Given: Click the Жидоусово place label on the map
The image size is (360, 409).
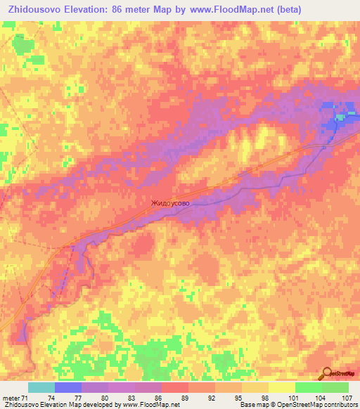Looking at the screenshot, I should pyautogui.click(x=169, y=204).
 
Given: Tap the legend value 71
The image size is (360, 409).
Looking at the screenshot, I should pyautogui.click(x=25, y=398).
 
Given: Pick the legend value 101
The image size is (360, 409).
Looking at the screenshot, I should pyautogui.click(x=295, y=398).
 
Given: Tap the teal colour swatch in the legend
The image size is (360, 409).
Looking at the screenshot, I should pyautogui.click(x=41, y=387).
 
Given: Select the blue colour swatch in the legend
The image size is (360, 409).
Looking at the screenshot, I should pyautogui.click(x=68, y=387).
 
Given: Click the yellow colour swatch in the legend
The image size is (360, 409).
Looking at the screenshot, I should pyautogui.click(x=282, y=387).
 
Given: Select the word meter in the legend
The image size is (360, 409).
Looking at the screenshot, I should pyautogui.click(x=11, y=398).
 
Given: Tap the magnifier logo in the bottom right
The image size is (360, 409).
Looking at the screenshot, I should pyautogui.click(x=326, y=373).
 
